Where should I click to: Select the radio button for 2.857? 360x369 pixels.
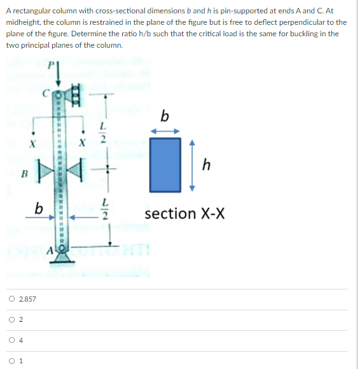pos(12,299)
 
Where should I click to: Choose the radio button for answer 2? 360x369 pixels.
pos(12,320)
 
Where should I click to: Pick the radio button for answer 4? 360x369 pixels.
pos(12,340)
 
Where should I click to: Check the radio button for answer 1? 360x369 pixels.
pos(12,361)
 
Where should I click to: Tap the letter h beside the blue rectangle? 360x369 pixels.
pos(205,165)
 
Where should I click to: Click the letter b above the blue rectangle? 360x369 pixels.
pos(165,116)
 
